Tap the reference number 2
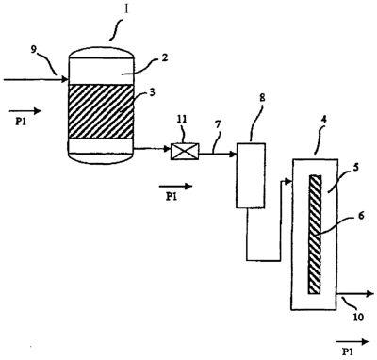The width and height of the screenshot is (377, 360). (x=164, y=58)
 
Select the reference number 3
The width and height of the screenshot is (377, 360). (x=152, y=93)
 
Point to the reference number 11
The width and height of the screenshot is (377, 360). (x=182, y=120)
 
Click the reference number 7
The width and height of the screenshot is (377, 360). (x=218, y=125)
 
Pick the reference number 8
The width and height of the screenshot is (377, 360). (x=262, y=98)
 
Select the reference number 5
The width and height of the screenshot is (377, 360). (x=356, y=167)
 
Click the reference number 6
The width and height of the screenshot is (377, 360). (x=361, y=216)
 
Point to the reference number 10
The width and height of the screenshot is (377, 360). (x=358, y=317)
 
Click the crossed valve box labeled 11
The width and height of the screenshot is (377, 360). (x=185, y=152)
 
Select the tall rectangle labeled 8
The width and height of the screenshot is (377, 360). (x=251, y=175)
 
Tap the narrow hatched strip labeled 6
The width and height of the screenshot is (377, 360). (x=315, y=235)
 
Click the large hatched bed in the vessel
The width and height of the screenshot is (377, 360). (x=100, y=111)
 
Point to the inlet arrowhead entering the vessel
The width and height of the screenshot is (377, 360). (x=65, y=80)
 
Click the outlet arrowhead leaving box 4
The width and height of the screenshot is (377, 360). (x=370, y=294)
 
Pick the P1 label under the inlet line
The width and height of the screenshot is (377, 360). (x=21, y=122)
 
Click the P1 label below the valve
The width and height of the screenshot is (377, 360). (x=172, y=197)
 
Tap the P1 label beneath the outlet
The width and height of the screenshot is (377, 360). (x=348, y=351)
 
